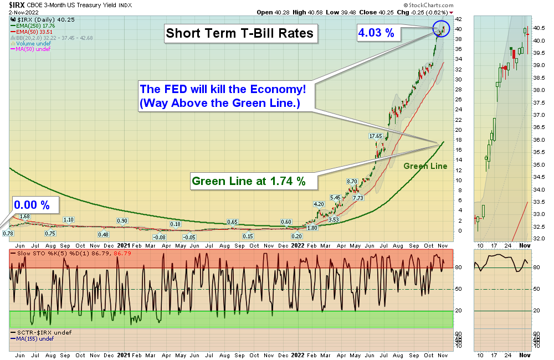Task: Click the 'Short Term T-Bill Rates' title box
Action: tap(240, 33)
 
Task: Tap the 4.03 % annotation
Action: tap(376, 33)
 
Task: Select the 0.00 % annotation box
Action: tap(32, 205)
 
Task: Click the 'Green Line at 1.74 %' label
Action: tap(248, 181)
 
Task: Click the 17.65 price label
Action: tap(376, 136)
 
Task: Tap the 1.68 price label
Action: tap(24, 216)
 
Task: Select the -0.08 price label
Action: tap(160, 237)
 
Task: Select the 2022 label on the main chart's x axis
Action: tap(297, 245)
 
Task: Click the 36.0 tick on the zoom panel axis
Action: tap(538, 140)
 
